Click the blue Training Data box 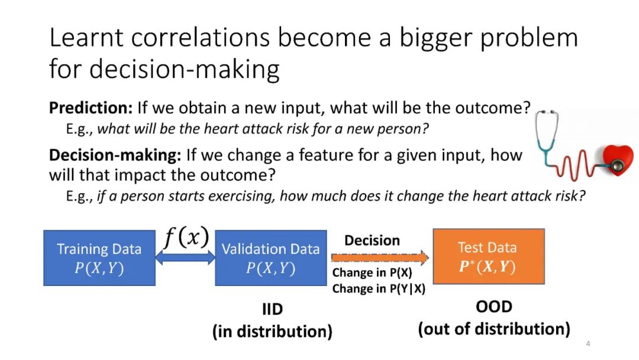(99, 258)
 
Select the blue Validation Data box (271, 258)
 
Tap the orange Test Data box (489, 256)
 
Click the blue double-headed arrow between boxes (185, 258)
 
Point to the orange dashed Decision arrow (380, 257)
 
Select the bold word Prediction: (91, 108)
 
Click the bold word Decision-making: (115, 155)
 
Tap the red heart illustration (618, 160)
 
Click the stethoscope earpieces (547, 112)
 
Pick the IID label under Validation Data (272, 309)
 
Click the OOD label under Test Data (494, 307)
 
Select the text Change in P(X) (372, 272)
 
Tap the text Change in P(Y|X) (379, 289)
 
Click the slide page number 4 (588, 343)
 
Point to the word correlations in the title (200, 37)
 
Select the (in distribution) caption (272, 331)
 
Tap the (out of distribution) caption (494, 329)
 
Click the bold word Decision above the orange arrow (372, 240)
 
